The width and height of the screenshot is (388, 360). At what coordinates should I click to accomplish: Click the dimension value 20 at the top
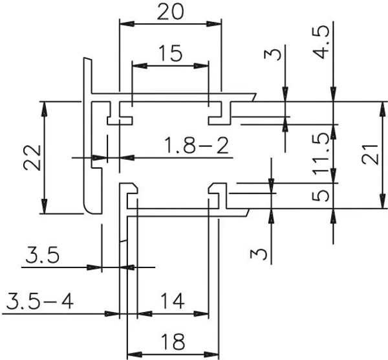pyautogui.click(x=171, y=12)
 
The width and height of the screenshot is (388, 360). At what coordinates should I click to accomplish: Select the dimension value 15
pyautogui.click(x=171, y=53)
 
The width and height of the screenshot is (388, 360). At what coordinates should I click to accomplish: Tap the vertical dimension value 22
pyautogui.click(x=32, y=158)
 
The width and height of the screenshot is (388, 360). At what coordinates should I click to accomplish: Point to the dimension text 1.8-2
pyautogui.click(x=196, y=146)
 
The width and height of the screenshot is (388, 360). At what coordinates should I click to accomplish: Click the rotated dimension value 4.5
pyautogui.click(x=321, y=42)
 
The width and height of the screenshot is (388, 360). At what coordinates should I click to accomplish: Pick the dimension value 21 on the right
pyautogui.click(x=370, y=155)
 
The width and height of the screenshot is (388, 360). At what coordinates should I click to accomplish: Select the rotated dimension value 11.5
pyautogui.click(x=321, y=153)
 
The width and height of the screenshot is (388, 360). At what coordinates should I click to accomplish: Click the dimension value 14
pyautogui.click(x=173, y=301)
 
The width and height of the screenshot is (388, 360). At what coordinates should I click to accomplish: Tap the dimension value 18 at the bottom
pyautogui.click(x=173, y=342)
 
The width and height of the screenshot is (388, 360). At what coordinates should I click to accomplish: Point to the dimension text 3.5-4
pyautogui.click(x=40, y=301)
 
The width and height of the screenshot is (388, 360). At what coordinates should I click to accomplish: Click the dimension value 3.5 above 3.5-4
pyautogui.click(x=42, y=254)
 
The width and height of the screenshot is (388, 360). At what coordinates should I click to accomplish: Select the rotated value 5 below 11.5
pyautogui.click(x=321, y=196)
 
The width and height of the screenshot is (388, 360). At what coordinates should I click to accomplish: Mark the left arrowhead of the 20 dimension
pyautogui.click(x=127, y=24)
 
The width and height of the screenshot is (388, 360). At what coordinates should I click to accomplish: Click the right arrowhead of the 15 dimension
pyautogui.click(x=201, y=66)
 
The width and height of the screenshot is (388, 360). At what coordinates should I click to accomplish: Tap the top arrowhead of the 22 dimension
pyautogui.click(x=44, y=109)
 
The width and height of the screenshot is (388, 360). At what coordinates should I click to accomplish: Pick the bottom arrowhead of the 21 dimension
pyautogui.click(x=383, y=201)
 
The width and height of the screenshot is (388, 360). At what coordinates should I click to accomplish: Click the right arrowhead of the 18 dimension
pyautogui.click(x=211, y=354)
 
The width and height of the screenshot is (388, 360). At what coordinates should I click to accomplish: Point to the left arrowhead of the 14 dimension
pyautogui.click(x=144, y=314)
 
